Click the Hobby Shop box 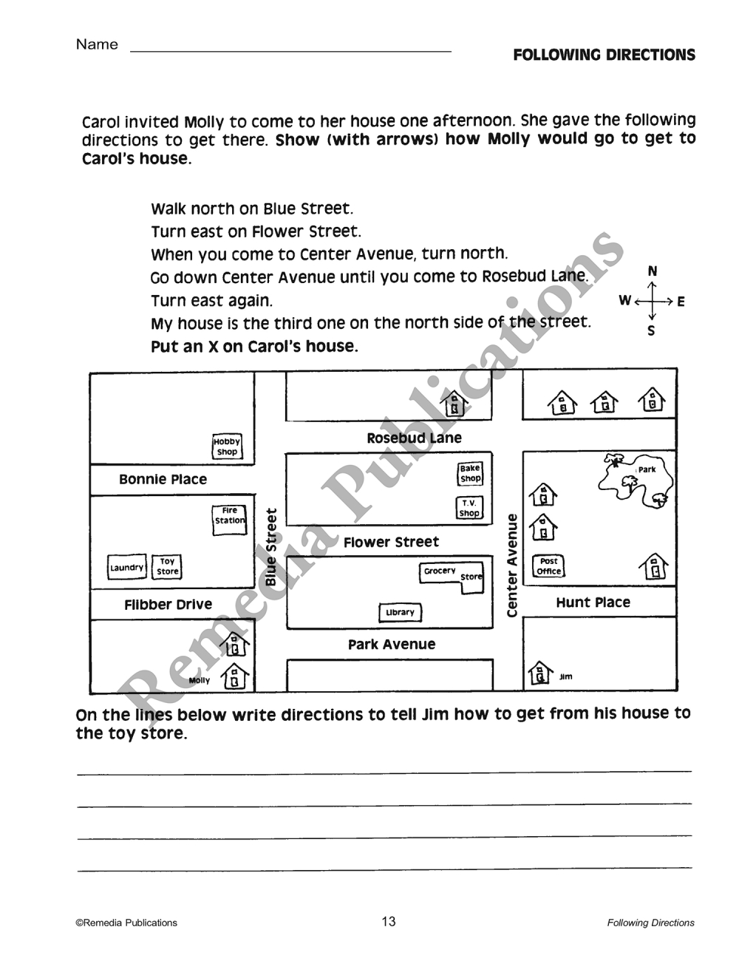pos(227,446)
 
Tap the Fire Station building pos(229,520)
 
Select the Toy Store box pos(166,566)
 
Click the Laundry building pos(127,567)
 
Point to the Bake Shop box pos(469,473)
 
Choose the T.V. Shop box pos(469,508)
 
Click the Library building pos(400,613)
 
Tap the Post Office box pos(548,566)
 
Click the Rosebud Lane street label pos(414,438)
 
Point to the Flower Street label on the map pos(391,542)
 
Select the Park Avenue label pos(392,645)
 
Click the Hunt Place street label pos(593,602)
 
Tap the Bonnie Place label pos(163,479)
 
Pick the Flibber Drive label pos(168,604)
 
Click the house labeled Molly pos(235,676)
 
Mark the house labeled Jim pos(540,673)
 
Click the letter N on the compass pos(653,271)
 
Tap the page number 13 pos(389,921)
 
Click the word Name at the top pos(97,44)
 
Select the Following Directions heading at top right pos(605,55)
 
